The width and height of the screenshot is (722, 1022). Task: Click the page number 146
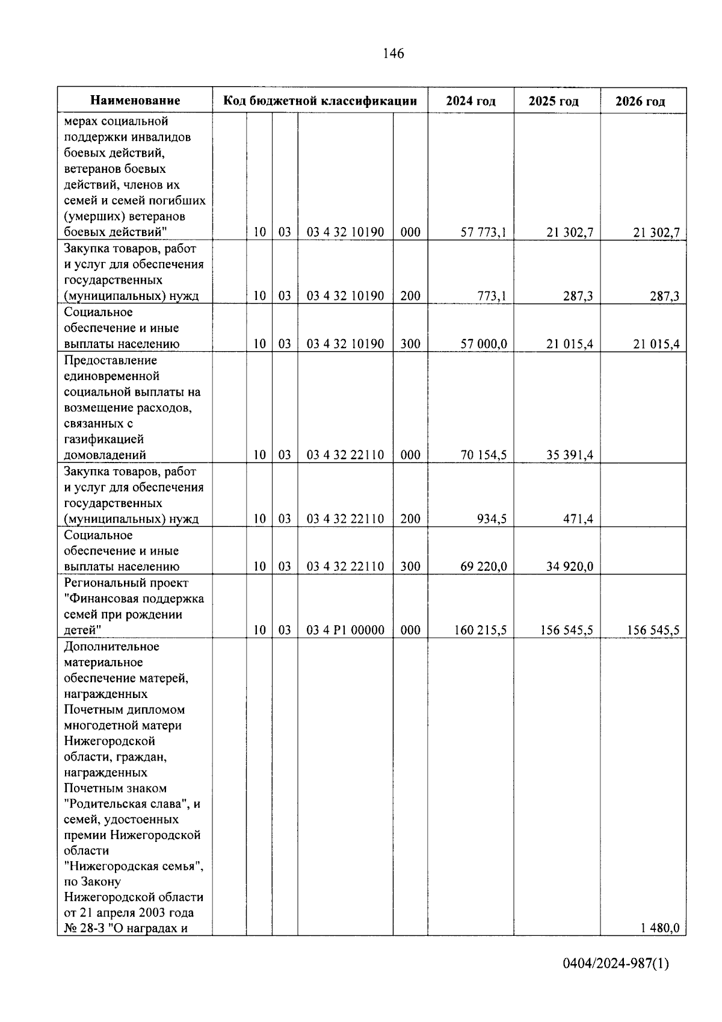(393, 54)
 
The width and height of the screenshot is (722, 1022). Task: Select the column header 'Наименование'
(135, 101)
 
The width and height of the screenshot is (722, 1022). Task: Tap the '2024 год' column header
(471, 101)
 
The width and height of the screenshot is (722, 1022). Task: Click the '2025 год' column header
(554, 101)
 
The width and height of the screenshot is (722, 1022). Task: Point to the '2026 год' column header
(640, 101)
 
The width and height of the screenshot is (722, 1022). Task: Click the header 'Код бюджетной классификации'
(320, 101)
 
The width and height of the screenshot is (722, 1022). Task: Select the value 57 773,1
(484, 232)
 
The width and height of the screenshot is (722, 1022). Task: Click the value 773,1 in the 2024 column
(492, 296)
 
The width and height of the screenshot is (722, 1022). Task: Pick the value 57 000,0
(484, 344)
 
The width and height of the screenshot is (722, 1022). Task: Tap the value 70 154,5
(484, 455)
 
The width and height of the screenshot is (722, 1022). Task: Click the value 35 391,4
(570, 455)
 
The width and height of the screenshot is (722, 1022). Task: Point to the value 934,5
(492, 519)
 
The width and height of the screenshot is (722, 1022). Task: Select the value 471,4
(578, 519)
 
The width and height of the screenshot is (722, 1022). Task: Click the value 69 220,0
(484, 567)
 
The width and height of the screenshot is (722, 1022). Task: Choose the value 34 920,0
(570, 567)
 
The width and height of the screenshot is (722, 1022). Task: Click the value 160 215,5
(481, 631)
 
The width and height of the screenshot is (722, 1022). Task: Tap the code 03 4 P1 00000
(345, 631)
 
